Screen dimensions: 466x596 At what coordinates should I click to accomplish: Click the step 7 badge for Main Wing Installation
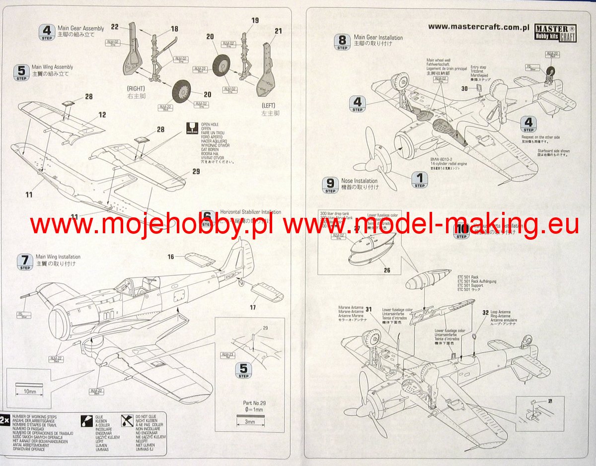pos(25,261)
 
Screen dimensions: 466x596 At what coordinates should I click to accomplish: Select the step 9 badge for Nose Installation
pos(330,185)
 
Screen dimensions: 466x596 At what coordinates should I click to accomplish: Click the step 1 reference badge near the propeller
pos(420,180)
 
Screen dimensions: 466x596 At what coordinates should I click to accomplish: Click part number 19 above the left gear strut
pos(255,20)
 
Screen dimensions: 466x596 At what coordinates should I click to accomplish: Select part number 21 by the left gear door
pos(278,31)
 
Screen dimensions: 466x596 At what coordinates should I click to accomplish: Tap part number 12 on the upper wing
pos(102,115)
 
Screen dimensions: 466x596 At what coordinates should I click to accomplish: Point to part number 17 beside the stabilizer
pos(253,308)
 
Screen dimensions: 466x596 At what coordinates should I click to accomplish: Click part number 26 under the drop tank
pos(387,270)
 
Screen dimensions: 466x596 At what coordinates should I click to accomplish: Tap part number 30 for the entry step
pos(464,89)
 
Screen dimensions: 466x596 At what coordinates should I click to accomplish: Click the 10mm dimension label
pos(30,392)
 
